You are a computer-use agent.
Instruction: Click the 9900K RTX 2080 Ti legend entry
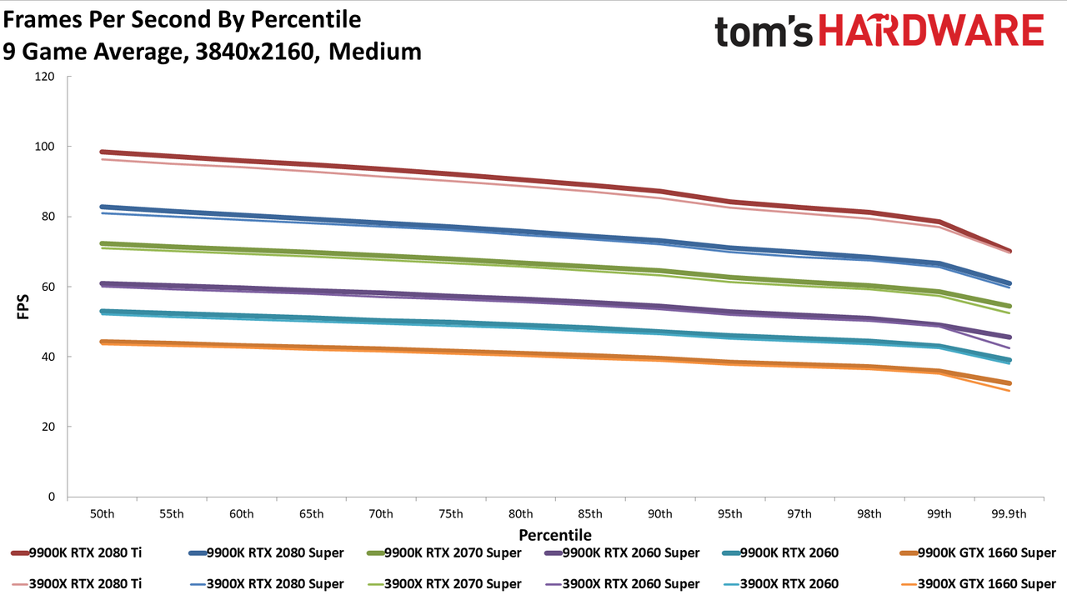(x=76, y=552)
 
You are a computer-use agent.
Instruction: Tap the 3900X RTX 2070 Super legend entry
(x=444, y=584)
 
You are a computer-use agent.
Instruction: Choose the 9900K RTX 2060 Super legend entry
(x=622, y=552)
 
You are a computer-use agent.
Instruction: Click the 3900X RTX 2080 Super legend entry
(x=266, y=584)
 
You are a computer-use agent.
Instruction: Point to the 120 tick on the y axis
(x=45, y=76)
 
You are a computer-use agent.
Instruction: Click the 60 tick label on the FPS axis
(x=48, y=287)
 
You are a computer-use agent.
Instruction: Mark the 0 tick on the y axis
(x=52, y=497)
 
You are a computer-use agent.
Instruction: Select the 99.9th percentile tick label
(x=1009, y=514)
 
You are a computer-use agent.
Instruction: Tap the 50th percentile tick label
(x=102, y=514)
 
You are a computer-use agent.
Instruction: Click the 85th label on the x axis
(x=590, y=514)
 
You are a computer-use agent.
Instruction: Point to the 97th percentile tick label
(x=799, y=514)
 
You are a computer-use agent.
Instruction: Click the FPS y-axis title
(x=23, y=307)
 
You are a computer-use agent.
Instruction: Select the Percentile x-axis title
(x=555, y=535)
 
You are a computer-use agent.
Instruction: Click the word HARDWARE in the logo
(x=931, y=30)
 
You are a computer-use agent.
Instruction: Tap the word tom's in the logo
(x=764, y=32)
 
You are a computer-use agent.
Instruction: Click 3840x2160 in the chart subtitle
(x=255, y=52)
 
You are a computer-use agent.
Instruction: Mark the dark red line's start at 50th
(x=102, y=152)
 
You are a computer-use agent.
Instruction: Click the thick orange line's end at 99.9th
(x=1009, y=383)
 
